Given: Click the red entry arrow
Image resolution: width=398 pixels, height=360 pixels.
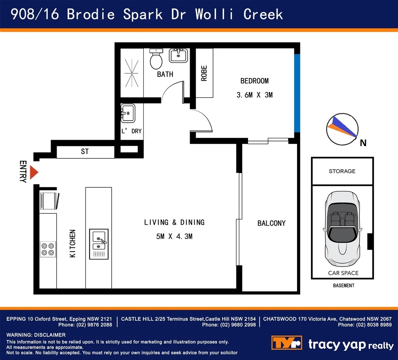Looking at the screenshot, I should pos(34,173).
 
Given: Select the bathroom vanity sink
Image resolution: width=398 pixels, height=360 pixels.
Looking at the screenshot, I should pos(179,55).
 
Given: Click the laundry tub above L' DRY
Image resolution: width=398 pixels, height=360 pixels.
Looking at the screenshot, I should pos(128,113).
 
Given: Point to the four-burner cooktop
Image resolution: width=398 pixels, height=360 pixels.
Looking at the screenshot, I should pos(48,249).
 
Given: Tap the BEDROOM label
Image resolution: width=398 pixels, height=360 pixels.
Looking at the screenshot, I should pos(254,81).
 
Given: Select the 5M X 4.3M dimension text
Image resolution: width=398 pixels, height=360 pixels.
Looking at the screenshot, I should pos(174,236).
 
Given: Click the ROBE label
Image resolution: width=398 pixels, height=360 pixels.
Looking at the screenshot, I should pos(204,73).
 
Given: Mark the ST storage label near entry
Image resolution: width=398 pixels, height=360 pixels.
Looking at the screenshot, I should pos(85,152).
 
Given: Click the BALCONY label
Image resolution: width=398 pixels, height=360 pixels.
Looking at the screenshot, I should pos(271,223).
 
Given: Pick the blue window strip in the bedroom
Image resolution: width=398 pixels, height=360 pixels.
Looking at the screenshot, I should pos(297,93).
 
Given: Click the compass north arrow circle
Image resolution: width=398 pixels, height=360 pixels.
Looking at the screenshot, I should pos(342,129).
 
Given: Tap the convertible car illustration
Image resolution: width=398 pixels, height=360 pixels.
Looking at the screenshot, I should pos(342,229).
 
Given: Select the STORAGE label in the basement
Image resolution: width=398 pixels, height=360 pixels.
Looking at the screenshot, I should pos(342,171).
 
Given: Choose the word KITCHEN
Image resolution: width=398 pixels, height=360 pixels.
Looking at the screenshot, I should pos(73,243).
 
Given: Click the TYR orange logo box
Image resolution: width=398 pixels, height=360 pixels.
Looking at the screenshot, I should pos(287,343).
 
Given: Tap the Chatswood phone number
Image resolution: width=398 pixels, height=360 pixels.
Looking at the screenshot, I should pos(365,325).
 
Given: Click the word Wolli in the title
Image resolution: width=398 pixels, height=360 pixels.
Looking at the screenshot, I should pos(214,14).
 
